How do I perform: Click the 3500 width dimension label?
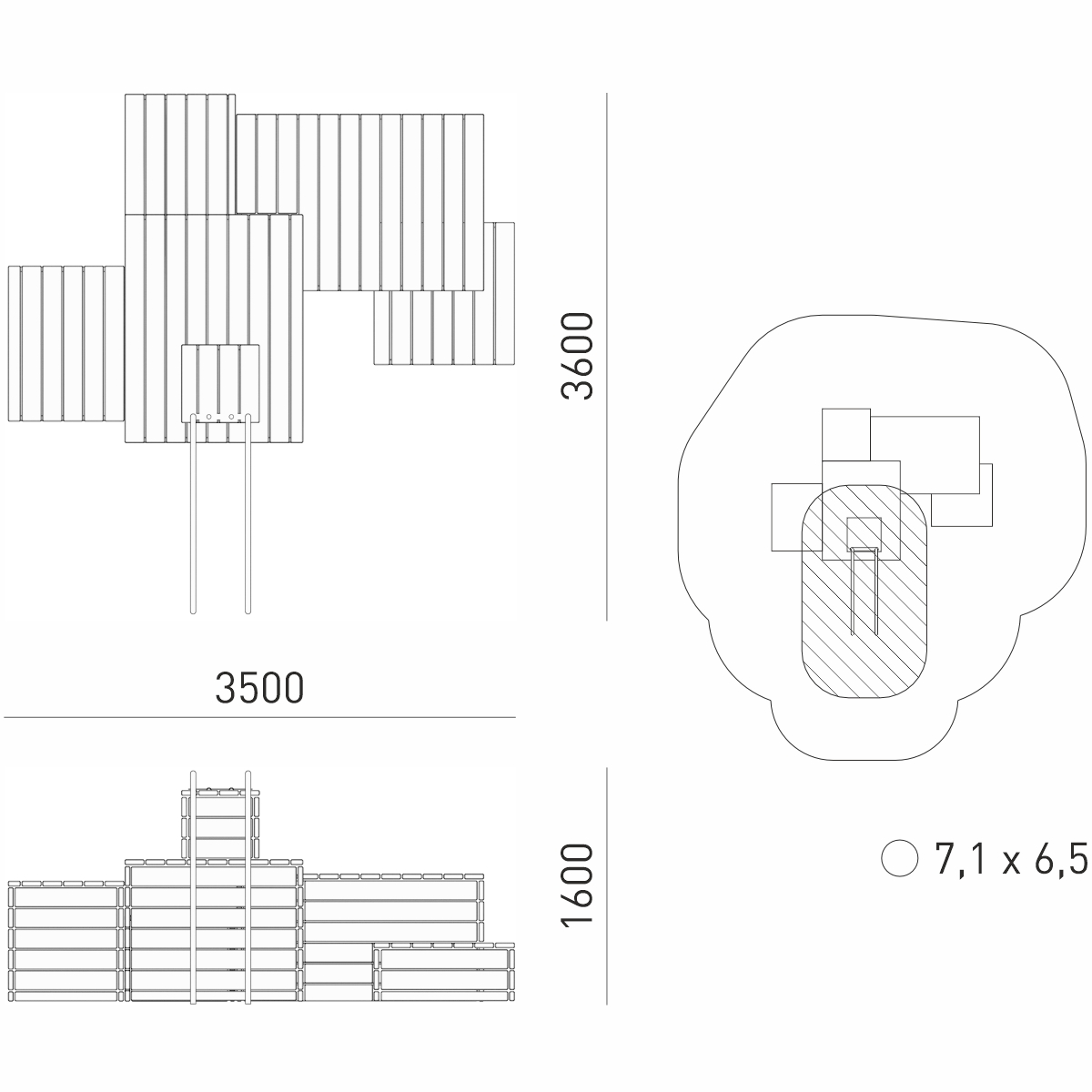[x=259, y=688]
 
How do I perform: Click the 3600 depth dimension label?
[x=577, y=357]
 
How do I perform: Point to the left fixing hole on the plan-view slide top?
[x=209, y=417]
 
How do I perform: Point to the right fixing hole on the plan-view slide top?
[x=231, y=417]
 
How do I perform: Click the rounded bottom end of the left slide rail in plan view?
[x=193, y=612]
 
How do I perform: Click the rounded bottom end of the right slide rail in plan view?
[x=248, y=612]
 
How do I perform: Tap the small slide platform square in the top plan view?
[x=220, y=383]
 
